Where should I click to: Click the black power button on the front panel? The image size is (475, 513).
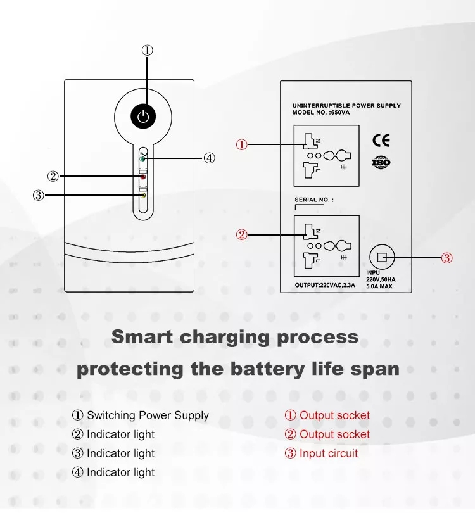144,117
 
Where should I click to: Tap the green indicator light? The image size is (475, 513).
144,158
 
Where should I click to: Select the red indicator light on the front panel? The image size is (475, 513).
144,177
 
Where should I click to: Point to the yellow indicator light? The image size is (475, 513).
144,196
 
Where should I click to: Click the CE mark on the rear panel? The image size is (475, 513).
381,141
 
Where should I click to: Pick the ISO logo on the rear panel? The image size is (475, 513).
381,162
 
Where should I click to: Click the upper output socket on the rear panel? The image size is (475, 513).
326,155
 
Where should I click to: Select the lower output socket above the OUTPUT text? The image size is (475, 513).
326,245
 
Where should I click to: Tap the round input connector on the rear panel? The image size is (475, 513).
382,256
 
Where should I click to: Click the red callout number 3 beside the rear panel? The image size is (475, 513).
447,258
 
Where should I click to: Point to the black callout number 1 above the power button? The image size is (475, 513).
148,51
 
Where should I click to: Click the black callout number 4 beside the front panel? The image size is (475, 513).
210,158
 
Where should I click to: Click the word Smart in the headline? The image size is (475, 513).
142,337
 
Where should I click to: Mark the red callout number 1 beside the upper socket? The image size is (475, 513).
242,144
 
